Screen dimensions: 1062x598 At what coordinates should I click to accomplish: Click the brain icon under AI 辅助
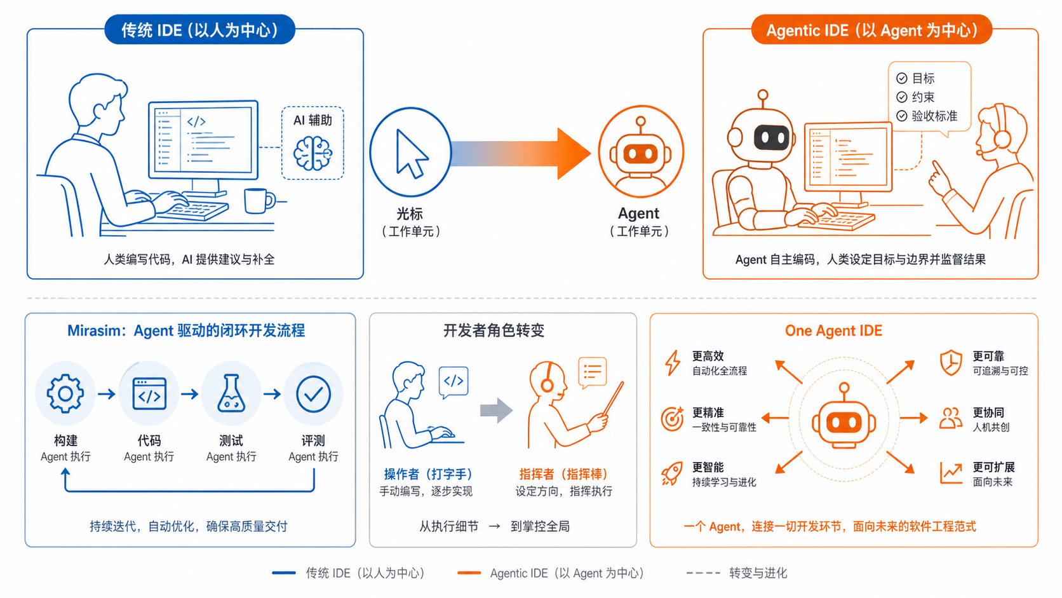pyautogui.click(x=313, y=153)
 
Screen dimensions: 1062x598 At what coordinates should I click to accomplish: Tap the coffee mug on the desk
pyautogui.click(x=259, y=201)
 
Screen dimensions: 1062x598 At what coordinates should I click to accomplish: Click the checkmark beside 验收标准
pyautogui.click(x=902, y=116)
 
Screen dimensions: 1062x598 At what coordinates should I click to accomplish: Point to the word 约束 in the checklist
pyautogui.click(x=923, y=97)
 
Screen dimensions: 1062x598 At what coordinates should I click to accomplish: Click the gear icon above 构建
pyautogui.click(x=65, y=393)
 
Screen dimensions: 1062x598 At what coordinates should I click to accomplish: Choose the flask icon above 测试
pyautogui.click(x=231, y=393)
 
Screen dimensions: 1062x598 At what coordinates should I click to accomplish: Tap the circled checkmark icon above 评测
pyautogui.click(x=313, y=394)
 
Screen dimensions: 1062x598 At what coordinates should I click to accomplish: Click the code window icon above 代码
pyautogui.click(x=149, y=393)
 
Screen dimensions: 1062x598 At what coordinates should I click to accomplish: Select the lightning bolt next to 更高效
pyautogui.click(x=673, y=364)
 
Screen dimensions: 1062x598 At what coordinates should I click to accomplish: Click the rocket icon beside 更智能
pyautogui.click(x=672, y=473)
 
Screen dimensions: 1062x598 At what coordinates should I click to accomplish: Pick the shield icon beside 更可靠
pyautogui.click(x=951, y=363)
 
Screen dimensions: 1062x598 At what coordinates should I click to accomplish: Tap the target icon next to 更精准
pyautogui.click(x=672, y=419)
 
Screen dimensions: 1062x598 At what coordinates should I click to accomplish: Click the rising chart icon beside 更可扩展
pyautogui.click(x=951, y=473)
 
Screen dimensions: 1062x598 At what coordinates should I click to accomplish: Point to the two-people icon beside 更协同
pyautogui.click(x=951, y=418)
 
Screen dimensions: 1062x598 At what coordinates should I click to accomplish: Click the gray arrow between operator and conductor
pyautogui.click(x=497, y=410)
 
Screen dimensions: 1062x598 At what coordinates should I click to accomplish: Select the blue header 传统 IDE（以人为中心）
pyautogui.click(x=199, y=30)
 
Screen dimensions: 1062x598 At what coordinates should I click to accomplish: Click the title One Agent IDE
pyautogui.click(x=833, y=330)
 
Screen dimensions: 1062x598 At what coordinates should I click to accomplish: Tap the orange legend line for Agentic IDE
pyautogui.click(x=469, y=573)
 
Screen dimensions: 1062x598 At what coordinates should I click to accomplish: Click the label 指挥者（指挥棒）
pyautogui.click(x=564, y=474)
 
